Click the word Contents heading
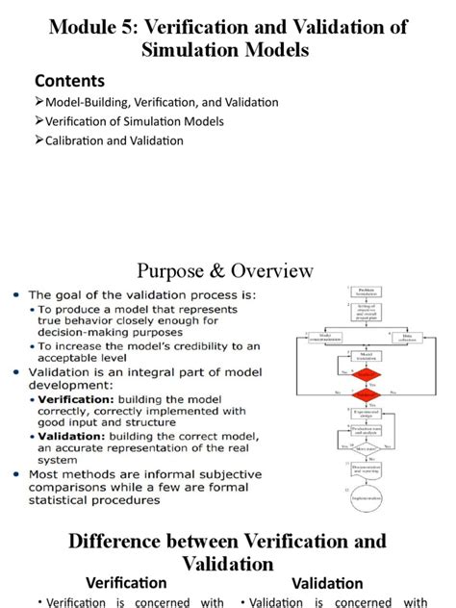pos(70,80)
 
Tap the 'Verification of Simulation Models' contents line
pos(135,121)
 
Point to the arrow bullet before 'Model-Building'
pos(39,102)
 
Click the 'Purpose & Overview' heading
pos(225,269)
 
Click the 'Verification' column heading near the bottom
pos(126,583)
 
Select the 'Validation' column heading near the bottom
pos(327,583)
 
